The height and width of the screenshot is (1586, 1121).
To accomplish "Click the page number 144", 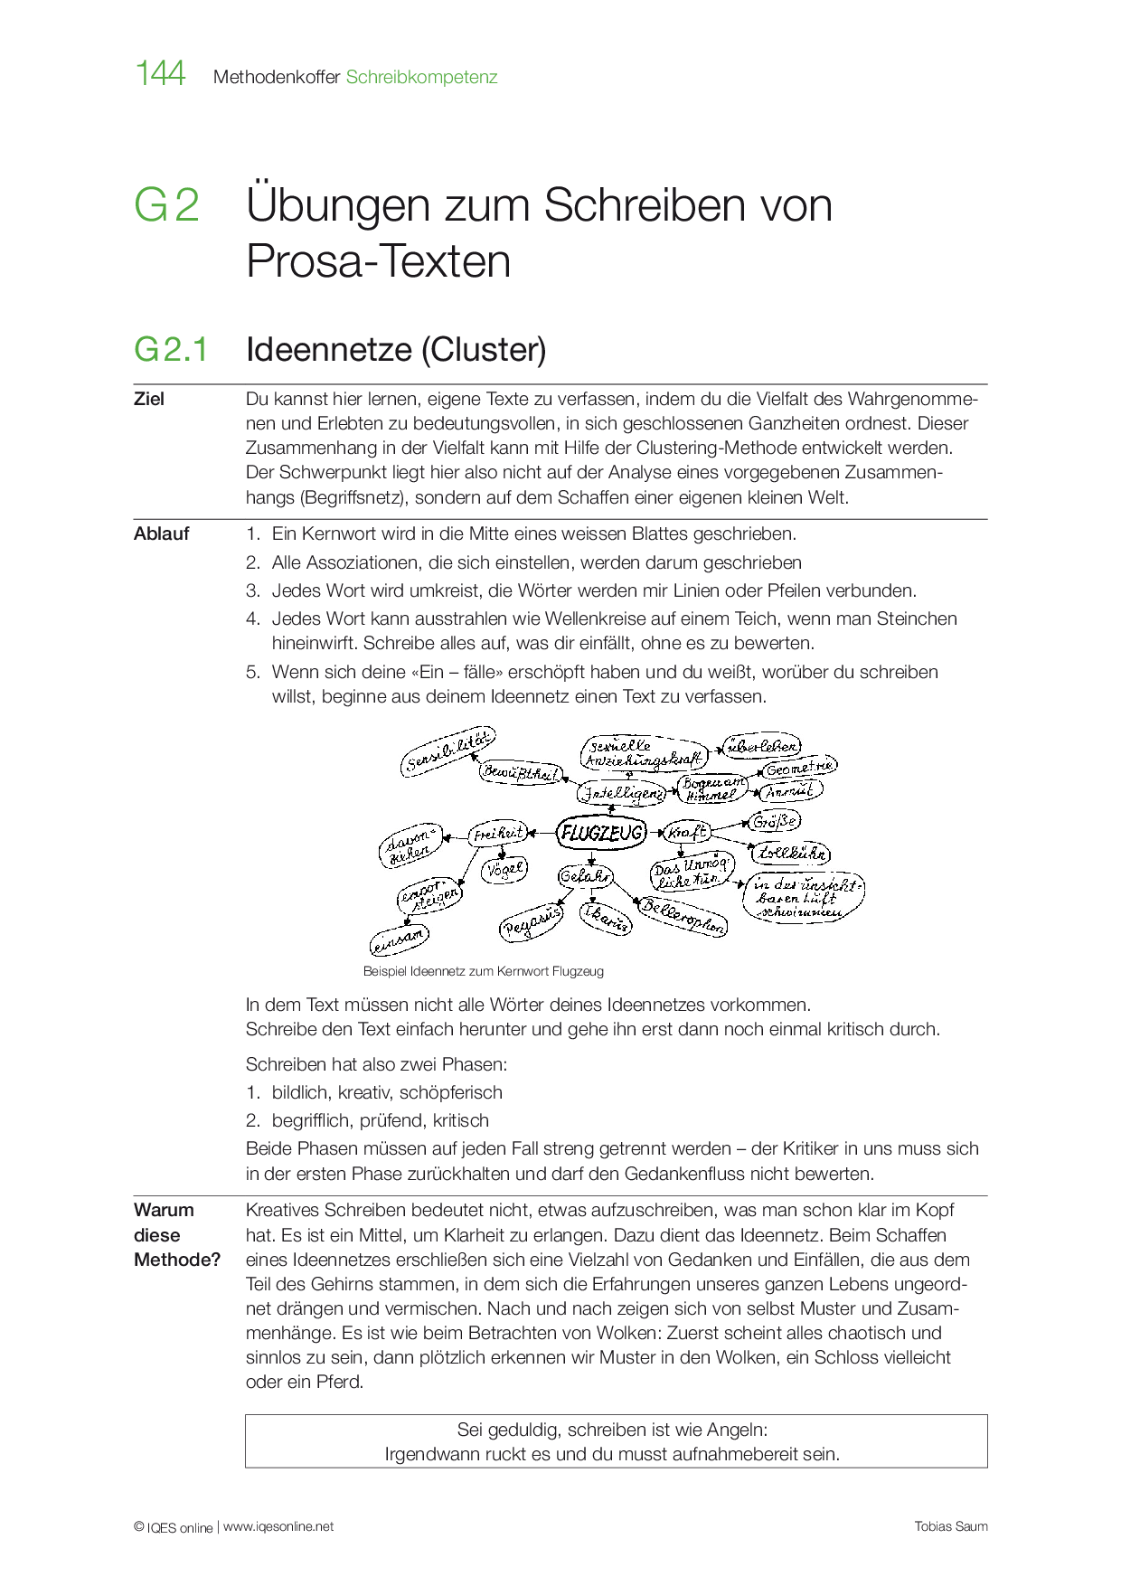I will point(160,73).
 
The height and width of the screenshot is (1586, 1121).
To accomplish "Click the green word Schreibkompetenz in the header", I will point(421,78).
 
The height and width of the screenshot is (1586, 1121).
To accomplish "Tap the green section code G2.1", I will point(171,349).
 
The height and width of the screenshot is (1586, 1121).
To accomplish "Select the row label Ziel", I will point(149,399).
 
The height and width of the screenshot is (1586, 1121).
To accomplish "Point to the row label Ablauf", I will point(161,533).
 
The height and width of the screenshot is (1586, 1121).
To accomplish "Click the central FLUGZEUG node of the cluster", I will point(601,833).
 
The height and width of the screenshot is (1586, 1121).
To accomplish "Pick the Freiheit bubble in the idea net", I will point(498,833).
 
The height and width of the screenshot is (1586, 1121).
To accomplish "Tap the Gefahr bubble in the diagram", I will point(586,876).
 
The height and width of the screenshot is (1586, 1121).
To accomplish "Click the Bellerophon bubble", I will point(683,916).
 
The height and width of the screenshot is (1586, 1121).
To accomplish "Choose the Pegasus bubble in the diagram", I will point(532,921).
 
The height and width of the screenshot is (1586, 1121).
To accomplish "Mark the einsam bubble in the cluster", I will point(399,940).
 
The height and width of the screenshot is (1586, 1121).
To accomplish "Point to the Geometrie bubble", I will point(798,768).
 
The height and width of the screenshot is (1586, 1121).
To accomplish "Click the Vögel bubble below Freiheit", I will point(504,870).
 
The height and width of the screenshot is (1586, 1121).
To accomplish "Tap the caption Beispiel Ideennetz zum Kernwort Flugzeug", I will point(483,971).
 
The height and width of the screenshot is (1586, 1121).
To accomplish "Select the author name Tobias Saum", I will point(950,1526).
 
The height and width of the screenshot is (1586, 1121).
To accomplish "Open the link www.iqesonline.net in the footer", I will point(278,1526).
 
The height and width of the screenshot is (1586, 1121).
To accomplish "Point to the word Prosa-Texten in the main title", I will point(378,261).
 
